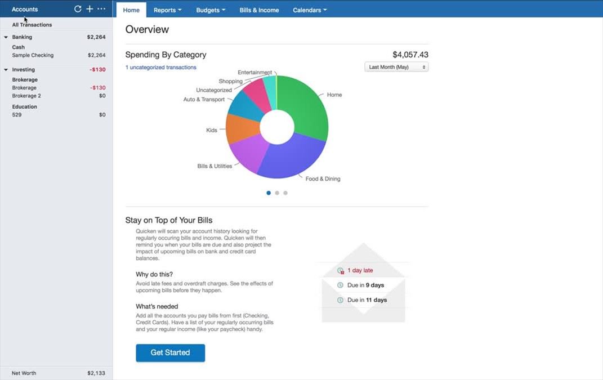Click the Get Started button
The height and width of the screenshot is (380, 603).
point(170,353)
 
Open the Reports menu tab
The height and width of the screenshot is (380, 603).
point(167,10)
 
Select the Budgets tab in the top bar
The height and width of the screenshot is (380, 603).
point(211,10)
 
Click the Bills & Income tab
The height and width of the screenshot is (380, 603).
point(259,10)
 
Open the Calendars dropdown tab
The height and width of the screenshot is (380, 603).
point(310,10)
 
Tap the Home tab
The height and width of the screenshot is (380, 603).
point(131,10)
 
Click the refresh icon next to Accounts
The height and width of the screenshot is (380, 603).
point(78,9)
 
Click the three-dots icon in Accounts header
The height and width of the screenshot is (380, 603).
point(101,9)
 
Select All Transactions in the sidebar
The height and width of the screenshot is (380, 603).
point(32,25)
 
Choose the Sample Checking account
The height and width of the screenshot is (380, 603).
point(33,55)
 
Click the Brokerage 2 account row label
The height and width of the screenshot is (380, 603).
point(26,96)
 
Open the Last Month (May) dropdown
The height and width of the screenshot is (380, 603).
point(396,67)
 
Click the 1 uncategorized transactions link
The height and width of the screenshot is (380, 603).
point(161,68)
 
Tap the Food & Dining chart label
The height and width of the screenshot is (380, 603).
point(323,179)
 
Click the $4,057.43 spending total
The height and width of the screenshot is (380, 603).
point(410,55)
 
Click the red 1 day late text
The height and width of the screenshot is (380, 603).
point(360,271)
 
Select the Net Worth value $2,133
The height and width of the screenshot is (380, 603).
point(96,373)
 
